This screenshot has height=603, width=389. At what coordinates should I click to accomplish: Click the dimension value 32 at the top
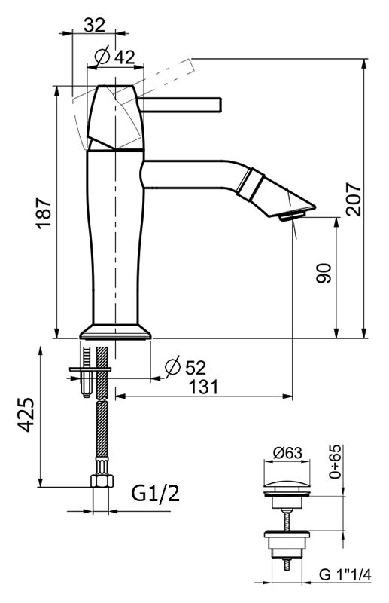click(94, 25)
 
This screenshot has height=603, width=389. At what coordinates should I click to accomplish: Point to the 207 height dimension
click(354, 199)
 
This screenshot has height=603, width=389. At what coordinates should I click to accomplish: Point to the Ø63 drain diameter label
click(287, 453)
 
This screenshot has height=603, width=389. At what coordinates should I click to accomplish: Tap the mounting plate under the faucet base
click(91, 369)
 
